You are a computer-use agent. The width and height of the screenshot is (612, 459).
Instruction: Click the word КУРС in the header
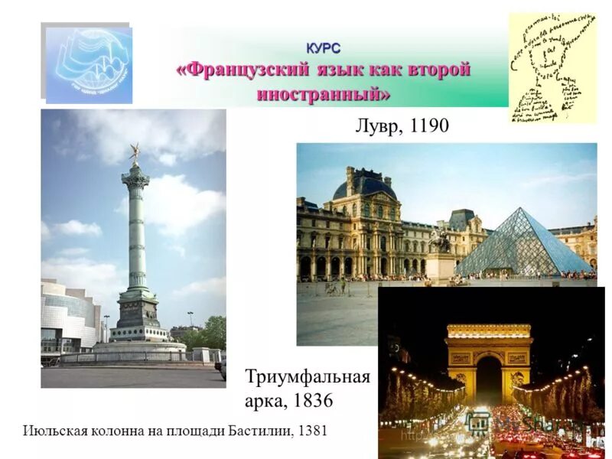coord(324,47)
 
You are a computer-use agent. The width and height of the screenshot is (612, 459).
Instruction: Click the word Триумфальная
coord(308,377)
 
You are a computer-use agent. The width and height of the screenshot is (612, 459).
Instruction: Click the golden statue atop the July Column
coord(135,151)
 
